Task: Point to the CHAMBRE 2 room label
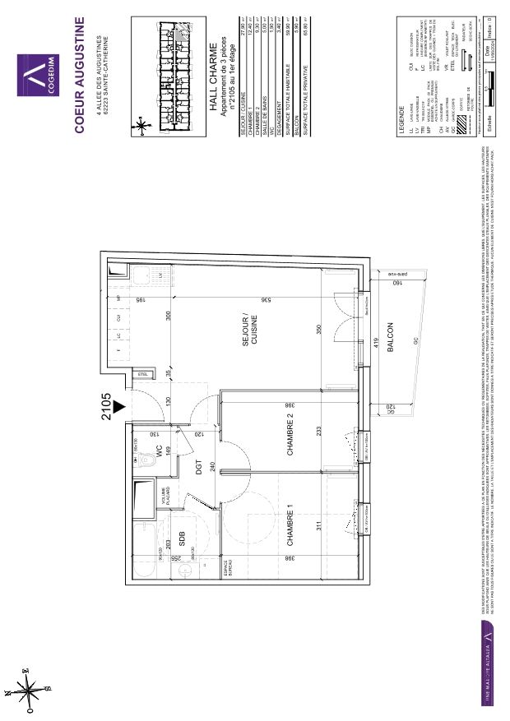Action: click(x=290, y=433)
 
